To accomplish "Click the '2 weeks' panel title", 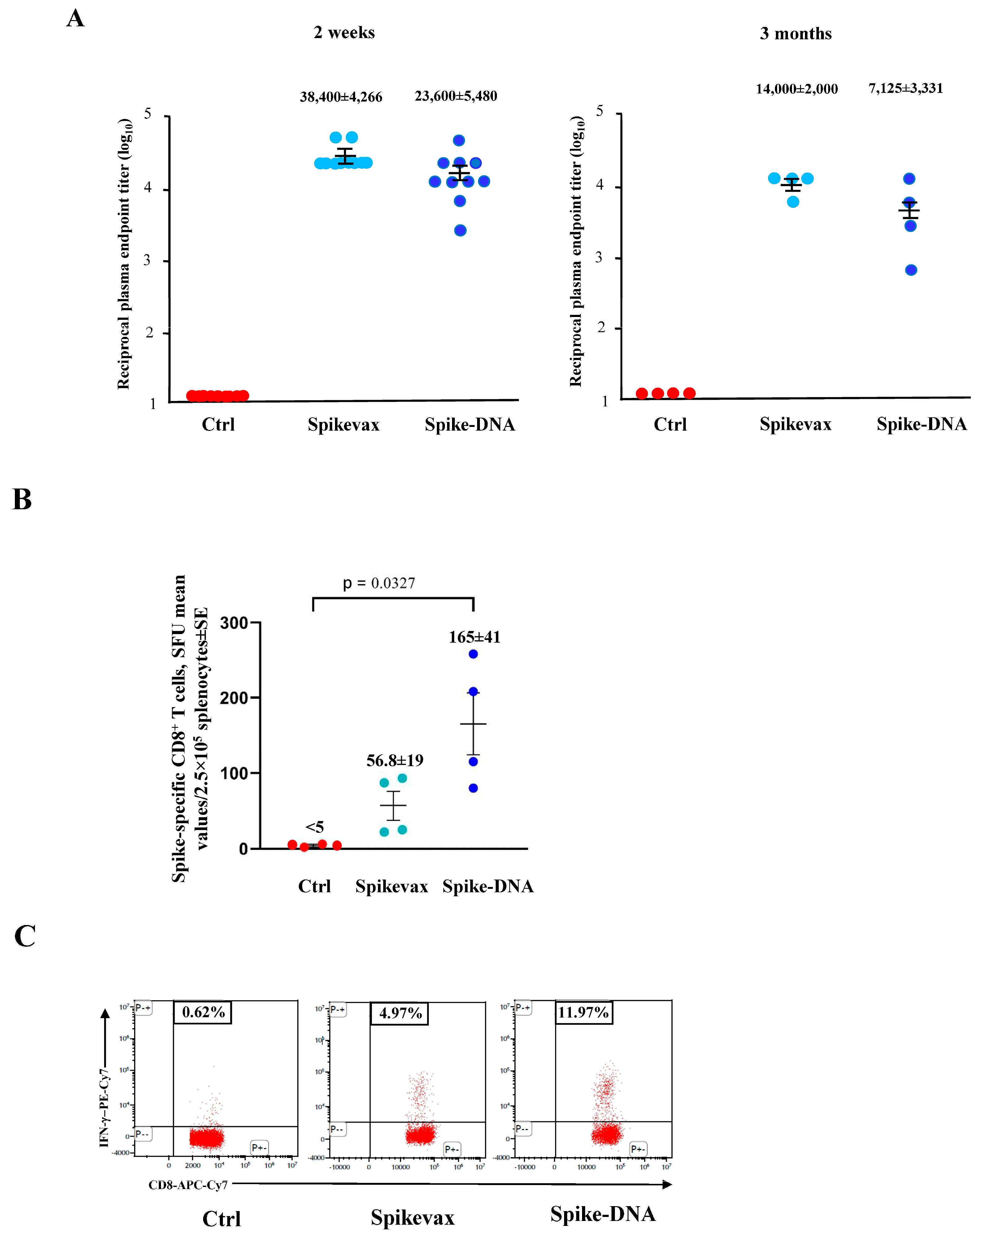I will pyautogui.click(x=344, y=33).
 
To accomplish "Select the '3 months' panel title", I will pyautogui.click(x=795, y=34).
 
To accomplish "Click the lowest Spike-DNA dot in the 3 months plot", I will pyautogui.click(x=911, y=270).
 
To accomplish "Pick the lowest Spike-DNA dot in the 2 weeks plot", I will pyautogui.click(x=460, y=230).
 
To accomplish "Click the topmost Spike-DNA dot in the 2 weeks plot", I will pyautogui.click(x=459, y=141).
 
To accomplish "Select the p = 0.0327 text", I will pyautogui.click(x=379, y=584).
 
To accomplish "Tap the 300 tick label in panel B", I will pyautogui.click(x=234, y=623).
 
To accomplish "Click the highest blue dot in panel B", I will pyautogui.click(x=473, y=654).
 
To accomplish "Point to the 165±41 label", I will pyautogui.click(x=474, y=637).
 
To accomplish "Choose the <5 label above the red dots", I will pyautogui.click(x=315, y=828).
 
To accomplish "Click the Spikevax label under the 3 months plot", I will pyautogui.click(x=795, y=424).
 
